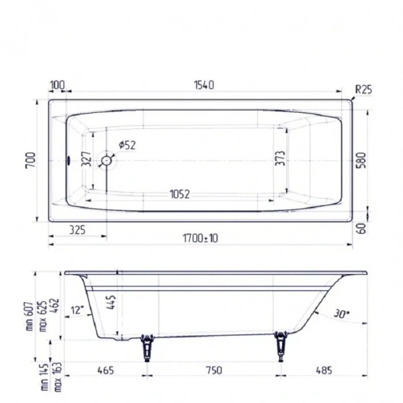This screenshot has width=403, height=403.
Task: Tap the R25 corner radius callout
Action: click(363, 89)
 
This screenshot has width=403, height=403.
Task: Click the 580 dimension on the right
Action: click(363, 161)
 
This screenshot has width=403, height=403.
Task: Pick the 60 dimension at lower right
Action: click(363, 228)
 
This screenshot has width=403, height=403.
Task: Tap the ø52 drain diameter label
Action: click(126, 146)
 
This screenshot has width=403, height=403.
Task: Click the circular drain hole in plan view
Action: click(106, 161)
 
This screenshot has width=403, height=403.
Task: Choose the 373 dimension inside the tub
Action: click(280, 159)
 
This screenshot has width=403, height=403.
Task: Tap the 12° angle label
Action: click(77, 310)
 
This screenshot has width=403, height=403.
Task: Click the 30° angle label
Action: click(342, 313)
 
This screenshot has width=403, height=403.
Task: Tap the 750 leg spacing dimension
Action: click(214, 370)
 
